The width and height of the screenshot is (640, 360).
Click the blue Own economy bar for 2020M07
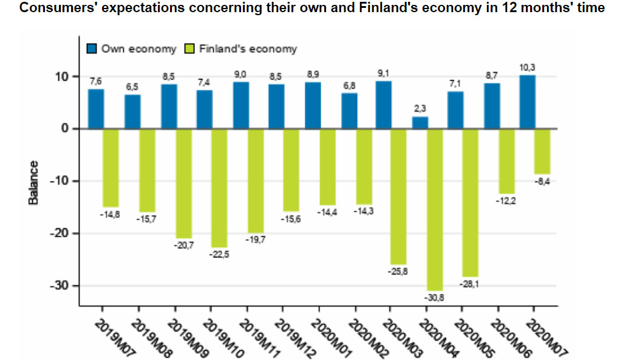[527, 102]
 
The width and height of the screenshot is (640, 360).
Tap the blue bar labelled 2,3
[420, 123]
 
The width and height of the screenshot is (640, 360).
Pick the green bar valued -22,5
[219, 188]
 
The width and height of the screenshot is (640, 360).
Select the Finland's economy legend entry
[241, 49]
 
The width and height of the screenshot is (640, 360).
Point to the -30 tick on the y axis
[63, 285]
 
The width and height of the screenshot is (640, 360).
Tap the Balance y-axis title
[34, 182]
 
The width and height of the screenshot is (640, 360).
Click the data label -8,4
[542, 182]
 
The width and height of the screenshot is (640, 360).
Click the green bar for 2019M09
[183, 183]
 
